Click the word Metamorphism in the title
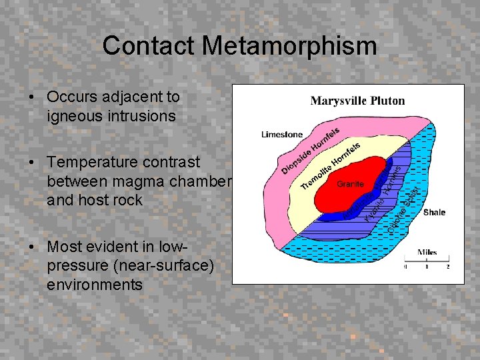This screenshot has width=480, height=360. [289, 46]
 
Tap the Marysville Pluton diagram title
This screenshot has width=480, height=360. [357, 101]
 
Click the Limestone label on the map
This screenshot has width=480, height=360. [281, 134]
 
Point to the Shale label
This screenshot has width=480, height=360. [434, 212]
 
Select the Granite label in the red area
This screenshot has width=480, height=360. [350, 183]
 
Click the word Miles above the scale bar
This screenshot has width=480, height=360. [427, 252]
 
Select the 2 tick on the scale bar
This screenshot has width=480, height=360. [447, 267]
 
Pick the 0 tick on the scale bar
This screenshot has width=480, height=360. [405, 267]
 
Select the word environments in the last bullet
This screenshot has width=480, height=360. [95, 285]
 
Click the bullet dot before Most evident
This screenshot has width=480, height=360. [32, 247]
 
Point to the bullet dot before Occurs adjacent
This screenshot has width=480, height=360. [32, 97]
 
